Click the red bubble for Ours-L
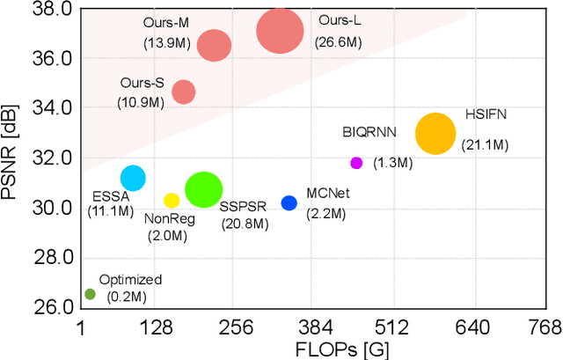pyautogui.click(x=281, y=32)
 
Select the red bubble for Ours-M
pyautogui.click(x=214, y=44)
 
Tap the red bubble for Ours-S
pyautogui.click(x=183, y=92)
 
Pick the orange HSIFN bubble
pyautogui.click(x=435, y=135)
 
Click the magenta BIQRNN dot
pyautogui.click(x=356, y=163)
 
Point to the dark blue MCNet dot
pyautogui.click(x=289, y=203)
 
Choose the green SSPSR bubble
pyautogui.click(x=204, y=190)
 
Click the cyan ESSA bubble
pyautogui.click(x=133, y=178)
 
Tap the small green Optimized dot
pyautogui.click(x=90, y=294)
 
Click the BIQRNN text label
pyautogui.click(x=369, y=132)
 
